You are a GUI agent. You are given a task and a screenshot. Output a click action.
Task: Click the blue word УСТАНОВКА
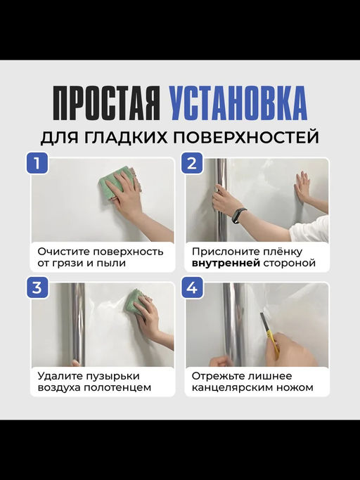(238, 103)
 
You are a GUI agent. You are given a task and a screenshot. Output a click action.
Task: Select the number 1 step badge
(37, 164)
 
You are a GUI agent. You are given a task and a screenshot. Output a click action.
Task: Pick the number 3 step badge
(37, 287)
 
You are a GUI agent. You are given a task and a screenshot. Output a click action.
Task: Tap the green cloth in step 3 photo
(137, 302)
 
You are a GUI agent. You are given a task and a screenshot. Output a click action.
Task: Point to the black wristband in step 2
(238, 214)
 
